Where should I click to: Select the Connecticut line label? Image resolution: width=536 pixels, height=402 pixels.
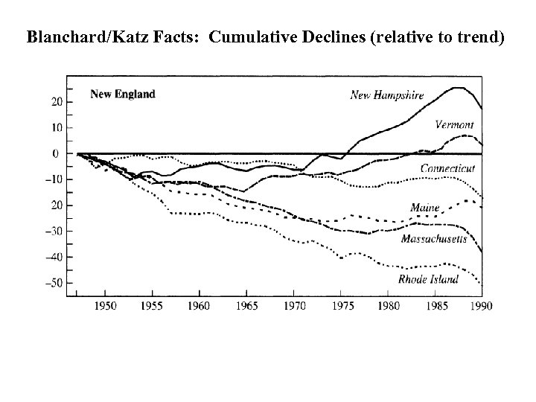tap(447, 169)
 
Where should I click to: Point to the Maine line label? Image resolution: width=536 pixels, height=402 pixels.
tap(425, 208)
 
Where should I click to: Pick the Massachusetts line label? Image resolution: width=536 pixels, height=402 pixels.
tap(434, 239)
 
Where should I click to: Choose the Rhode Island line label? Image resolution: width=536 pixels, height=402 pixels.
tap(428, 279)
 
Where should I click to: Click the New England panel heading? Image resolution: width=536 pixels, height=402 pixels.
tap(123, 94)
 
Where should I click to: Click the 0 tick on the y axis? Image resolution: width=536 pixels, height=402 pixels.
tap(55, 153)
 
